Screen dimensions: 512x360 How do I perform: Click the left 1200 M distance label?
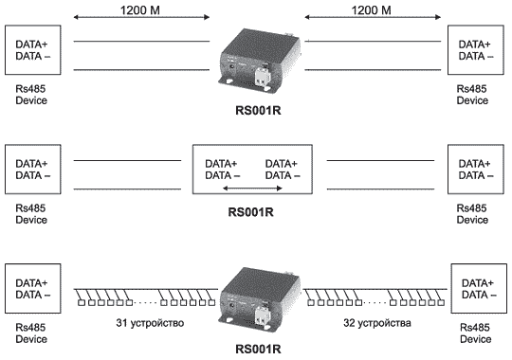tap(140, 10)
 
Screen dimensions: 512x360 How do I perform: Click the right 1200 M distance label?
tap(371, 10)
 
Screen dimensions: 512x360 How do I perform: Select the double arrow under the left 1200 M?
tap(141, 17)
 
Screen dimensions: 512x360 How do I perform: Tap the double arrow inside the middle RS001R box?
tap(252, 188)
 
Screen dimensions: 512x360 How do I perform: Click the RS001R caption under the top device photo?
tap(258, 110)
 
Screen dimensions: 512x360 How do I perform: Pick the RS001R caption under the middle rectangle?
tap(250, 212)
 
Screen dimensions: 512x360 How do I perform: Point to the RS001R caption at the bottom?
tap(258, 350)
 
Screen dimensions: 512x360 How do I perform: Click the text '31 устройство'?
tap(150, 323)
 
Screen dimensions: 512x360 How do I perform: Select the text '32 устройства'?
tap(377, 323)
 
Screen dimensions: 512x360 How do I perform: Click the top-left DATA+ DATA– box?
tap(32, 50)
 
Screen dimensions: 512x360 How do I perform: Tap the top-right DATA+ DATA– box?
tap(475, 50)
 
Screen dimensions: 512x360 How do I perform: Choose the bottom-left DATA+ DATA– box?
tap(32, 289)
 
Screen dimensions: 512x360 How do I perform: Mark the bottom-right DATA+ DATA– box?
tap(479, 289)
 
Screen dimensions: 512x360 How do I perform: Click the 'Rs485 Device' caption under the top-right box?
tap(472, 95)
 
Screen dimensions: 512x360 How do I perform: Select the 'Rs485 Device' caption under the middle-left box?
tap(31, 214)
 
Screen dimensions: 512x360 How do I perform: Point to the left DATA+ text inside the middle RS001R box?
tap(221, 163)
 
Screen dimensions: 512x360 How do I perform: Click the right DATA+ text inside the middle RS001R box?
tap(282, 163)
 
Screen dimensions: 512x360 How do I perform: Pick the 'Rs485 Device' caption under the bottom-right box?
tap(475, 333)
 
